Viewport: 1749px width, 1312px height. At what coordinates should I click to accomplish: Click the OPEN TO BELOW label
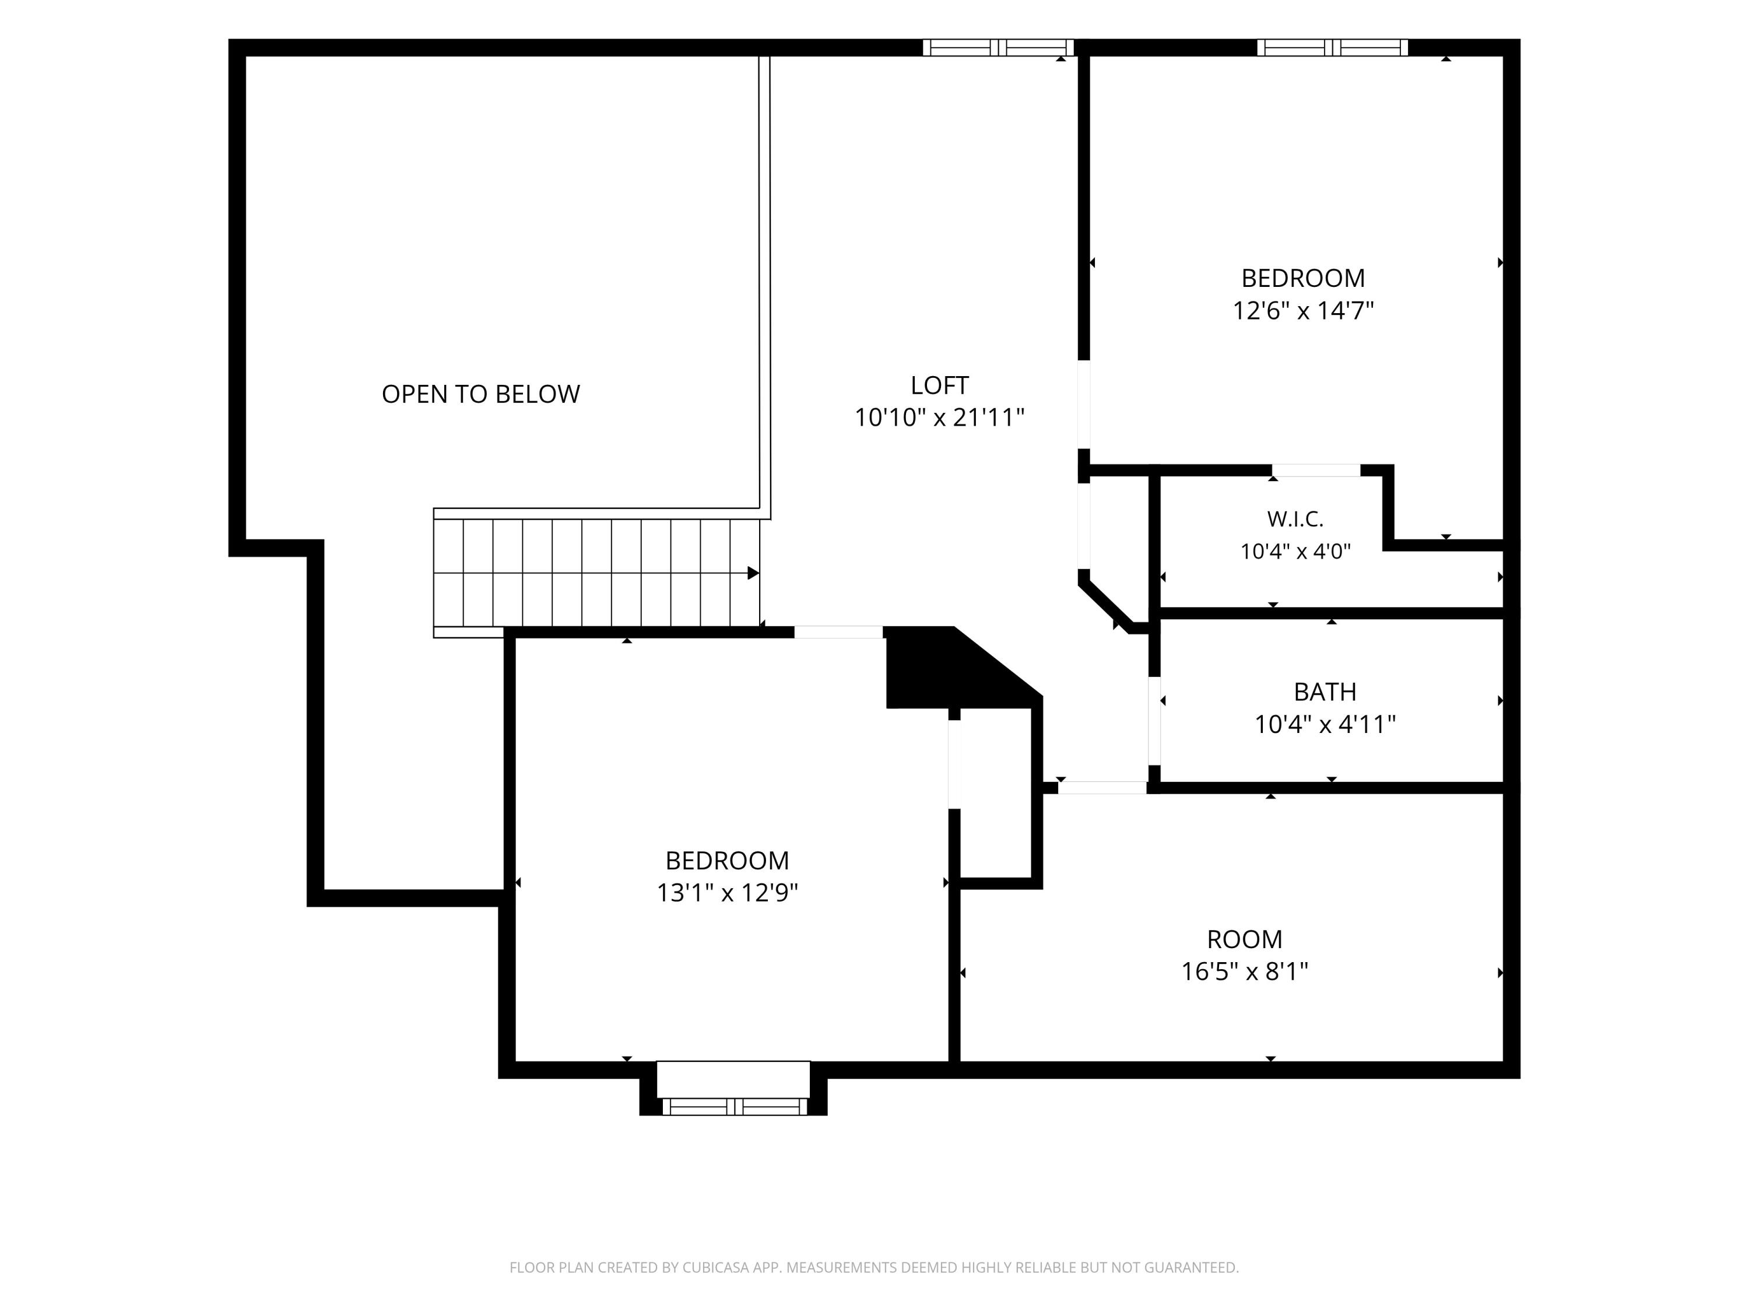pyautogui.click(x=481, y=394)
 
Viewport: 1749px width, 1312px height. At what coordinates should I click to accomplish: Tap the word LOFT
pyautogui.click(x=939, y=385)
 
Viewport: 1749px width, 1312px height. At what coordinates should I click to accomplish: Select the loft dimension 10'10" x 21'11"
pyautogui.click(x=939, y=418)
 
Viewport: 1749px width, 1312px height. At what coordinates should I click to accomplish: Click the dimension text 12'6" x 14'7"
pyautogui.click(x=1303, y=311)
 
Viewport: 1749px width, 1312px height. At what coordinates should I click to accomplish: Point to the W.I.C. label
pyautogui.click(x=1295, y=519)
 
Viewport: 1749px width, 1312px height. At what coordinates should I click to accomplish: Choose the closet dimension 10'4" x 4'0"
pyautogui.click(x=1295, y=551)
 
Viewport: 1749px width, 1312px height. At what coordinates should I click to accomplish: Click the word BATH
pyautogui.click(x=1325, y=692)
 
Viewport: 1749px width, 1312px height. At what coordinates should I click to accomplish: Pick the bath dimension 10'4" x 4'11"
pyautogui.click(x=1325, y=724)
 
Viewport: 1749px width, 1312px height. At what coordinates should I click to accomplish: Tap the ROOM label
pyautogui.click(x=1245, y=939)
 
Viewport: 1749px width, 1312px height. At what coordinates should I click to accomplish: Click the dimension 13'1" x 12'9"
pyautogui.click(x=728, y=893)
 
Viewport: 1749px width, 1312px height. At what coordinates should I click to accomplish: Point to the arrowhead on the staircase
pyautogui.click(x=753, y=573)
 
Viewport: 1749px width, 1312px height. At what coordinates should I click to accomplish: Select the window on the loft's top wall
pyautogui.click(x=998, y=47)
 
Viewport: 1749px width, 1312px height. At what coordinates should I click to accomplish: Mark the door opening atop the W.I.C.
pyautogui.click(x=1316, y=471)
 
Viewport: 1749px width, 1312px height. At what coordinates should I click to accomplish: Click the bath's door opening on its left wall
pyautogui.click(x=1154, y=721)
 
